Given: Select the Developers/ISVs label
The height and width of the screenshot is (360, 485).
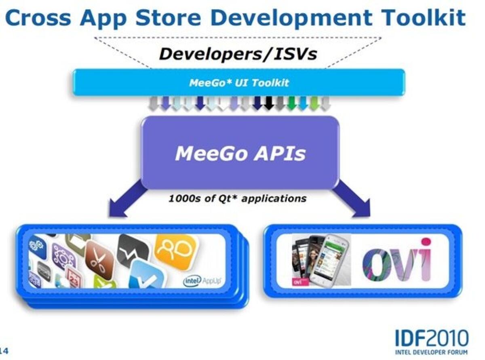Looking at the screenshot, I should click(x=238, y=53).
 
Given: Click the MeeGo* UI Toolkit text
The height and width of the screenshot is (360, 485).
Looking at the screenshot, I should click(x=239, y=83).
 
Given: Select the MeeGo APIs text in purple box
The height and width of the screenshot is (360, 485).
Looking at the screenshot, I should click(x=240, y=154).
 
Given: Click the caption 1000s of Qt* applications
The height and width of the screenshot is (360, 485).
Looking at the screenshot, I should click(x=237, y=198).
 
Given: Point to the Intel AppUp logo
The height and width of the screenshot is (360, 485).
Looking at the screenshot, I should click(x=204, y=280).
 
